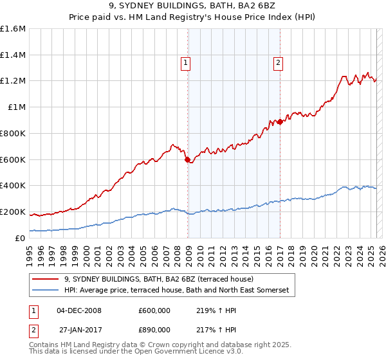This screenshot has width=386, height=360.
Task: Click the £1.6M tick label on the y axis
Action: (14, 29)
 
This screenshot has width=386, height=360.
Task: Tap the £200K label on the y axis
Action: (13, 212)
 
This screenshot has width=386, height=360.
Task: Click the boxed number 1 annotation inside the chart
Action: (186, 62)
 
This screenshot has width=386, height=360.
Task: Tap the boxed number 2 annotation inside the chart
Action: (278, 62)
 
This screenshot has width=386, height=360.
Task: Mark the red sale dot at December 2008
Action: (187, 159)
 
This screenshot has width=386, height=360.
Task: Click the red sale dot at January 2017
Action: (280, 122)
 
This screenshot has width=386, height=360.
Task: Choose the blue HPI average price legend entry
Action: (176, 291)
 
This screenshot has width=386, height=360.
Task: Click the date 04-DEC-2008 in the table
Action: (79, 310)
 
